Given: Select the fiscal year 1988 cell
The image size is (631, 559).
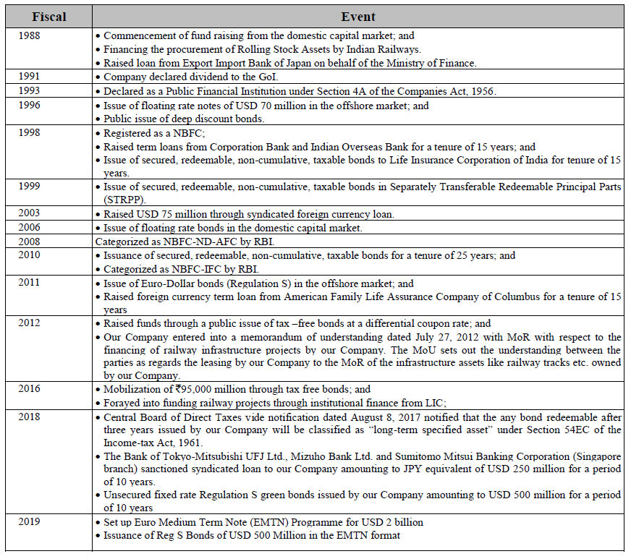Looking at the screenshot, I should click(30, 35).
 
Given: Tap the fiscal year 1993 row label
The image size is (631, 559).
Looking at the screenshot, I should click(30, 91).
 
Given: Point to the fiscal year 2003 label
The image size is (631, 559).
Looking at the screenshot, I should click(30, 213).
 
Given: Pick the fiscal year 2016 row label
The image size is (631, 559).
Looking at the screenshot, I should click(30, 388).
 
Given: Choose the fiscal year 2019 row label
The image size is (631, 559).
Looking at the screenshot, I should click(30, 521).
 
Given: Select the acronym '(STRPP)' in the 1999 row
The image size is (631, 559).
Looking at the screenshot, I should click(125, 199).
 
